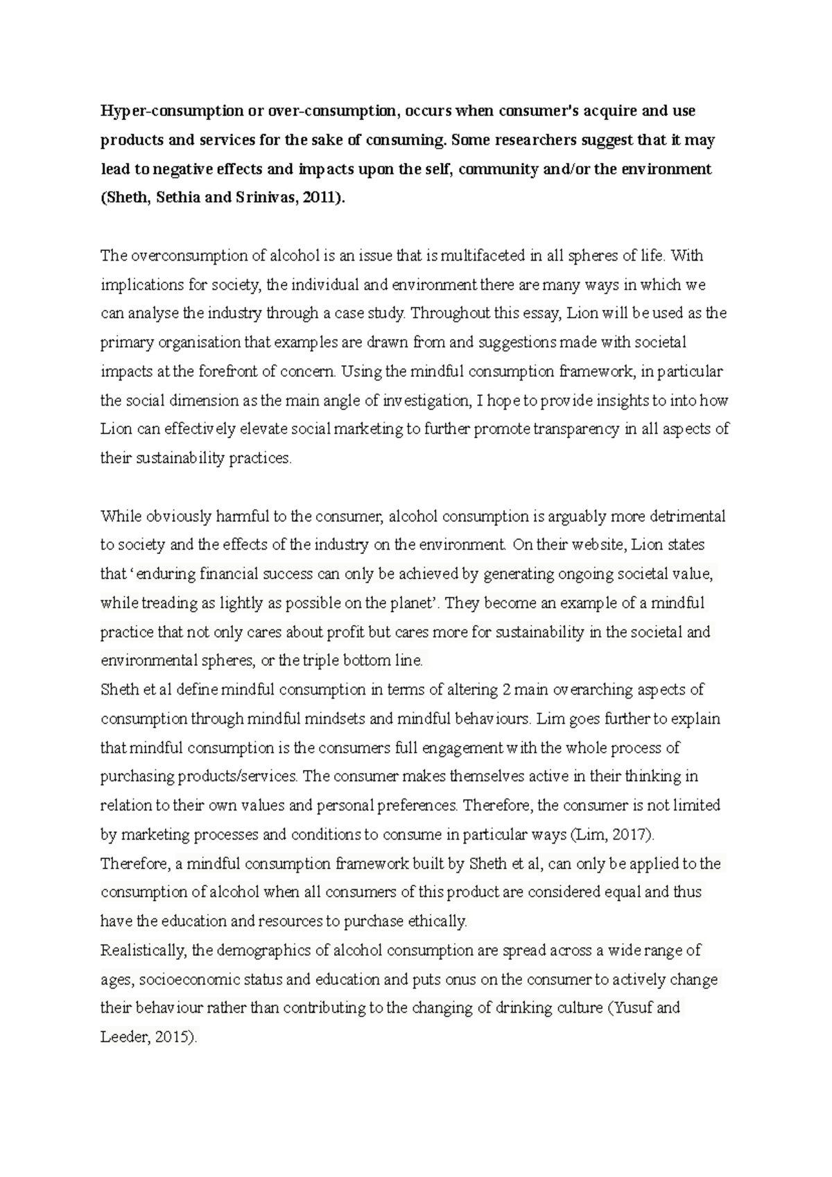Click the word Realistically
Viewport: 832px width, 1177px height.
[143, 950]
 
